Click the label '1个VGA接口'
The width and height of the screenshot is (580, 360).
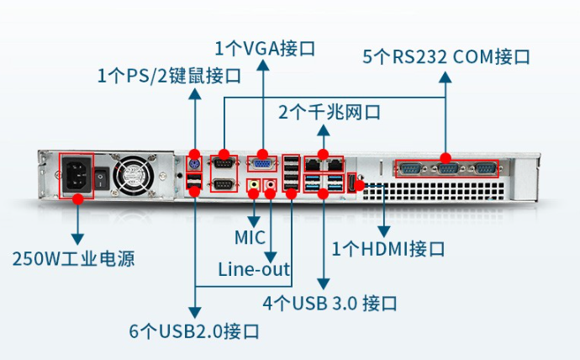coord(265,48)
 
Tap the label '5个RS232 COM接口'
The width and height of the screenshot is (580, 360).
coord(446,57)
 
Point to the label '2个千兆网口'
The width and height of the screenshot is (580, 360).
coord(330,111)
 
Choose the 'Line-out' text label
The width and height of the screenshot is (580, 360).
coord(255,269)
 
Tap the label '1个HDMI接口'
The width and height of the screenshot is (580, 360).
coord(388,249)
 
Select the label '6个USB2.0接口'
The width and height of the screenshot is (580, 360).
coord(194,331)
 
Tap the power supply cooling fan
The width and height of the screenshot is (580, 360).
coord(132,176)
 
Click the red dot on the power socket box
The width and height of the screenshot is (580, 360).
coord(78,199)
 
